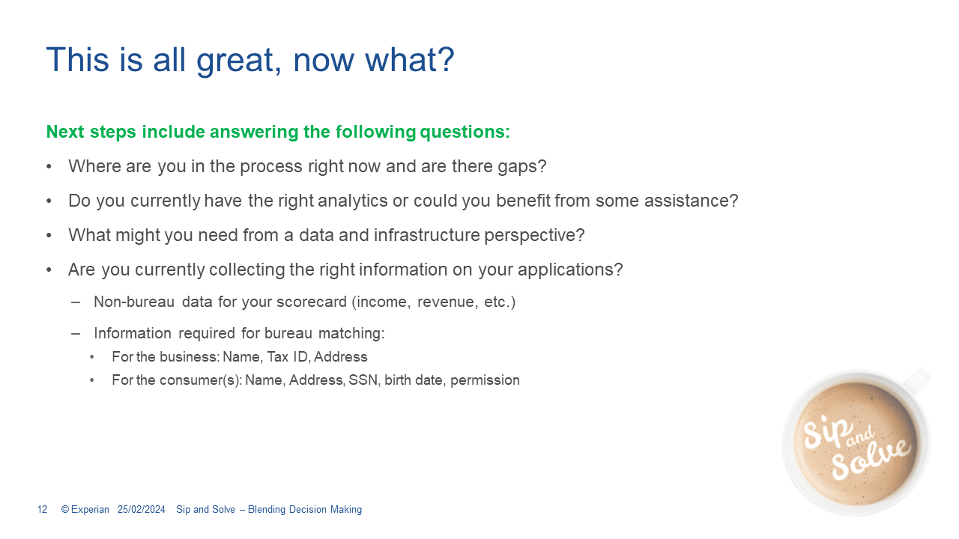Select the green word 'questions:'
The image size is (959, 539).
[465, 132]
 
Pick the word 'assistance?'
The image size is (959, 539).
[692, 201]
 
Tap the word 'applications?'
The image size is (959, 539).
[570, 270]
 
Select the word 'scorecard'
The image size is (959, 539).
[312, 302]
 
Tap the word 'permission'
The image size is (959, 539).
[485, 380]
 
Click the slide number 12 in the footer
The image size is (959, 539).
[42, 510]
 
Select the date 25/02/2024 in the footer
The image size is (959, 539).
[142, 510]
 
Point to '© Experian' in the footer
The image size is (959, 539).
[85, 510]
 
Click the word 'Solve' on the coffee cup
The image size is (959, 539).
[871, 459]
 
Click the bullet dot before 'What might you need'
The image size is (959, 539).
[49, 235]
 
